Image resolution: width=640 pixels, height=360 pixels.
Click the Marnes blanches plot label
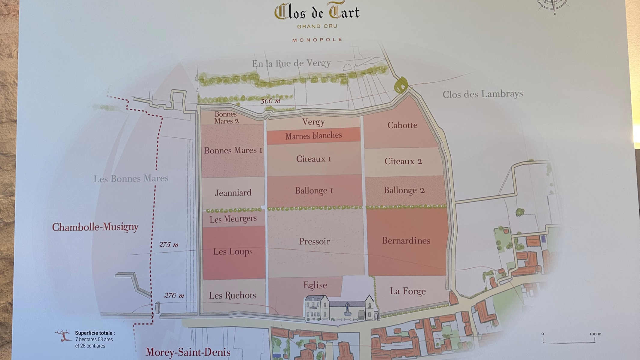click(313, 136)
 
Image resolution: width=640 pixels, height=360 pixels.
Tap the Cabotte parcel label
click(402, 125)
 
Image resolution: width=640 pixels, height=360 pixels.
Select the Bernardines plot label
click(406, 241)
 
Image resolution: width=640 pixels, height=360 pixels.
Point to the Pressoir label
click(315, 241)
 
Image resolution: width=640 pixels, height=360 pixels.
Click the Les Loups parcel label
click(233, 252)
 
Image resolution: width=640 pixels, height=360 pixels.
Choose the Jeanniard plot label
click(233, 193)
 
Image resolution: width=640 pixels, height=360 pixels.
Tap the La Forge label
click(408, 291)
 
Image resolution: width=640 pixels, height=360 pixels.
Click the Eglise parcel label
click(315, 285)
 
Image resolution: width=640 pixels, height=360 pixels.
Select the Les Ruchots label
click(232, 295)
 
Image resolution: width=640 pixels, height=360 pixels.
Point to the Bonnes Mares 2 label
click(226, 118)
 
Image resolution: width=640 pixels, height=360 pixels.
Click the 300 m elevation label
click(270, 101)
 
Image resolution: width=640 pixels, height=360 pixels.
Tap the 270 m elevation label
click(174, 296)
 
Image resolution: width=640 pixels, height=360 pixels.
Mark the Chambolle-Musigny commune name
click(95, 227)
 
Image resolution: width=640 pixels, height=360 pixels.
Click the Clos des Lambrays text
click(483, 94)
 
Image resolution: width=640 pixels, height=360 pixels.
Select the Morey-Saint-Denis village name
click(188, 352)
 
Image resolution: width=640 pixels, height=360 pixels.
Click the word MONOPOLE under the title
click(317, 40)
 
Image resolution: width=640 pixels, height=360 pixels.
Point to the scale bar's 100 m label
click(595, 334)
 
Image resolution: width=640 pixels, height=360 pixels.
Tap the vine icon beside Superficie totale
click(63, 336)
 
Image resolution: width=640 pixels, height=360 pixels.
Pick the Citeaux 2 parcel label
click(403, 161)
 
